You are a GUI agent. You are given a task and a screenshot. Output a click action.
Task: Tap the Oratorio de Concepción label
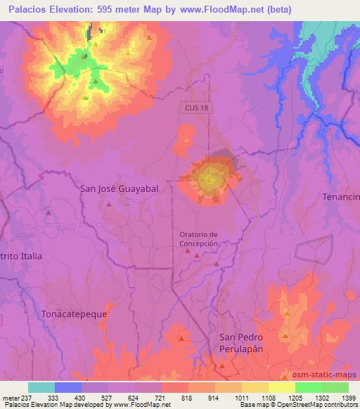point(199,239)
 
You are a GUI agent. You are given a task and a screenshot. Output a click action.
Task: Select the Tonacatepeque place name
point(74,314)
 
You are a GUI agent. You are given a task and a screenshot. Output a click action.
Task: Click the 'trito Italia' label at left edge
point(21,257)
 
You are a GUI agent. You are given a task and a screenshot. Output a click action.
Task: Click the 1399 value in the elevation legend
point(348,397)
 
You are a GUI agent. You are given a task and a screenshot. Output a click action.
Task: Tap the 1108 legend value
point(268,397)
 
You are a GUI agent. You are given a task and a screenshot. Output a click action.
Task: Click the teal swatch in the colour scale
point(41,387)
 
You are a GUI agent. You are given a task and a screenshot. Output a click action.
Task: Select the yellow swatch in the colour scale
point(282,387)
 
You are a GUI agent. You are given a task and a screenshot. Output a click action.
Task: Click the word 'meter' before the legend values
point(10,397)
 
